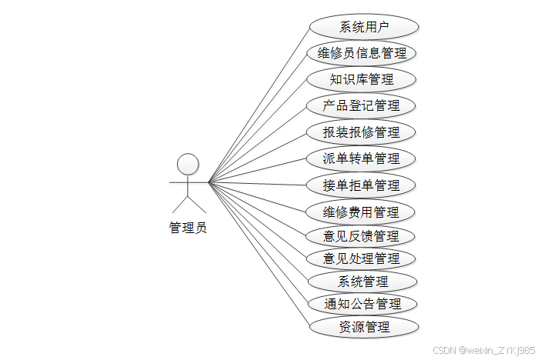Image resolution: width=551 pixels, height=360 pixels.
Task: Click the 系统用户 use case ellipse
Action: tap(364, 27)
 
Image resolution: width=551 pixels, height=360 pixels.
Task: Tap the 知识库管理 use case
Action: tap(361, 79)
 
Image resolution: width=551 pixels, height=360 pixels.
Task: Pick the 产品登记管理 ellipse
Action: tap(361, 105)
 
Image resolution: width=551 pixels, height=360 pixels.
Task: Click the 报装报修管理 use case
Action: tap(361, 132)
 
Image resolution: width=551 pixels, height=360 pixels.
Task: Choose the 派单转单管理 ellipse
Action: tap(361, 158)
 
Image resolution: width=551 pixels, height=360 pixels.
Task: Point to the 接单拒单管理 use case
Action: tap(361, 185)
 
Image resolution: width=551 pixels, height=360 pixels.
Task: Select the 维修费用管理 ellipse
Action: tap(361, 212)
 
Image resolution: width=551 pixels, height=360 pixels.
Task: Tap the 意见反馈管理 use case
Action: tap(361, 235)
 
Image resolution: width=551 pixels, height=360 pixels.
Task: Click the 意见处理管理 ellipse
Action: tap(361, 258)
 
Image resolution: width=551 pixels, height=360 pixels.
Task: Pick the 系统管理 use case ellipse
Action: tap(363, 281)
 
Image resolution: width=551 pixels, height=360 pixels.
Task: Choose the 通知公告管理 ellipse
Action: tap(363, 304)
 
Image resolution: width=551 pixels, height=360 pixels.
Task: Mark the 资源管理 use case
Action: tap(364, 326)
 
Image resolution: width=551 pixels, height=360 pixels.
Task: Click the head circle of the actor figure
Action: tap(188, 164)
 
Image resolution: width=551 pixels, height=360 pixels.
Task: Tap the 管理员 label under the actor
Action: tap(188, 228)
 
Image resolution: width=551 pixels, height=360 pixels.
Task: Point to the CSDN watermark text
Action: tap(483, 350)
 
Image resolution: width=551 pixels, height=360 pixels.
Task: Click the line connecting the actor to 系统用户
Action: tap(259, 105)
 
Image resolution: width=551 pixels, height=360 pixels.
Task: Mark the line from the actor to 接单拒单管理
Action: tap(259, 184)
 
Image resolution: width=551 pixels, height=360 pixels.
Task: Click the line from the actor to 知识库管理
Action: tap(259, 131)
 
